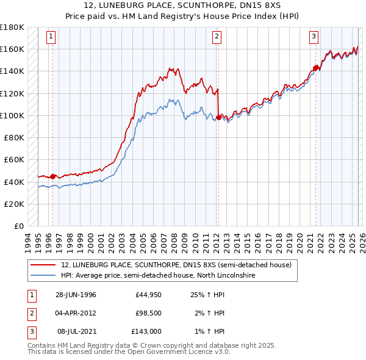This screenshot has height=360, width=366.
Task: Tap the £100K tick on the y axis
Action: (x=12, y=115)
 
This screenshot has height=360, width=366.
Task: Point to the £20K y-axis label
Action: (x=14, y=204)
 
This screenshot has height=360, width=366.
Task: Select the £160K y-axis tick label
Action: (x=12, y=49)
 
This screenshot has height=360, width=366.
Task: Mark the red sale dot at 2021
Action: (x=315, y=68)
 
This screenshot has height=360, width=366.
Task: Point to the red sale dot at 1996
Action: (x=53, y=176)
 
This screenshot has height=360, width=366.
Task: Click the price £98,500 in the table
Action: (x=146, y=313)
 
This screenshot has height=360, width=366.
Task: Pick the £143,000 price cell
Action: (x=146, y=331)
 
